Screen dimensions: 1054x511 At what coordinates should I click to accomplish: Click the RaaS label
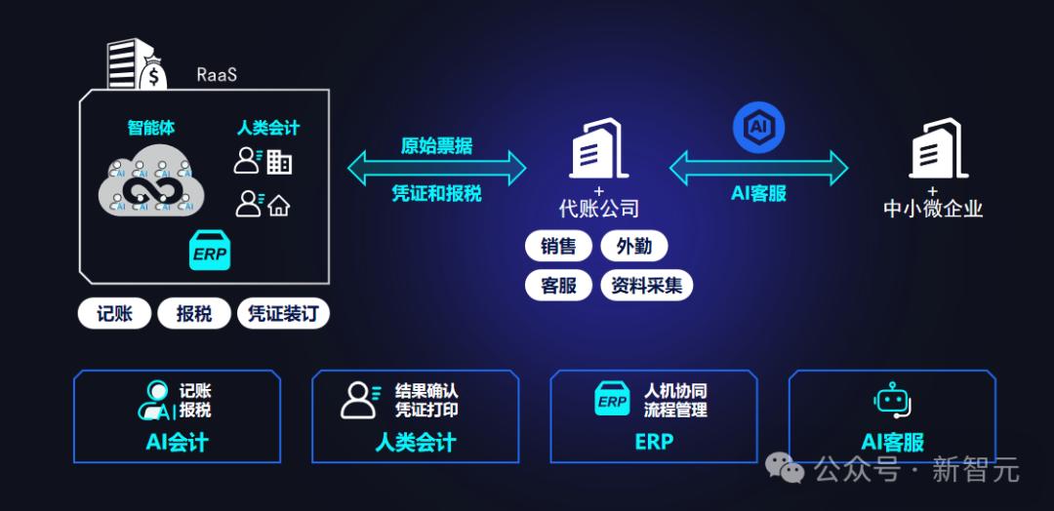tap(217, 74)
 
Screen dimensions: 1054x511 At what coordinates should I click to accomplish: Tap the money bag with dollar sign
tap(154, 74)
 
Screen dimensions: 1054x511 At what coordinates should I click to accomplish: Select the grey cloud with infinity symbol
tap(151, 180)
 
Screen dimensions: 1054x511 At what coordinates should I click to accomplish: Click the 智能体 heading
tap(151, 128)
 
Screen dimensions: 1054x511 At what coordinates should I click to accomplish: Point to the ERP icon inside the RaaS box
tap(210, 250)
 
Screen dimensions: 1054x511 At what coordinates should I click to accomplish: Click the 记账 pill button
tap(114, 314)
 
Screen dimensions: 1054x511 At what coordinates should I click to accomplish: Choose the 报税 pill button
tap(194, 314)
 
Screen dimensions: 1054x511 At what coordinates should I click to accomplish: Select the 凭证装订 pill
tap(283, 314)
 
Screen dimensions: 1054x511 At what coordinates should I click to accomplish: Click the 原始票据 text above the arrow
tap(437, 145)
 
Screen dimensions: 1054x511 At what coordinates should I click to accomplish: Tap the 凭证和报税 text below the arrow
tap(437, 193)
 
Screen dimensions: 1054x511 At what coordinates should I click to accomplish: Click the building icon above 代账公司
tap(599, 148)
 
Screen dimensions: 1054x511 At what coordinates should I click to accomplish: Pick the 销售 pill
tap(558, 247)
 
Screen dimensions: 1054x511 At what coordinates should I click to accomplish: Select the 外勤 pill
tap(634, 247)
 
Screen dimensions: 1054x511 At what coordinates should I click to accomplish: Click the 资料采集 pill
tap(647, 286)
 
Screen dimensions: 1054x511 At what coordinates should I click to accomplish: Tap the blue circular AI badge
tap(759, 127)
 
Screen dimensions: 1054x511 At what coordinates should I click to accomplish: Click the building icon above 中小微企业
tap(939, 148)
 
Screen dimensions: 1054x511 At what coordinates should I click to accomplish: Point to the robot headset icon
tap(893, 400)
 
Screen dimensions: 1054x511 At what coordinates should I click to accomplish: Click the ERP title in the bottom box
tap(654, 442)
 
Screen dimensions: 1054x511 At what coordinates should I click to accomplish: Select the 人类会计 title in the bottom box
tap(416, 443)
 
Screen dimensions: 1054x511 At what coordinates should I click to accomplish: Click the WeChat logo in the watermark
tap(785, 467)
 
